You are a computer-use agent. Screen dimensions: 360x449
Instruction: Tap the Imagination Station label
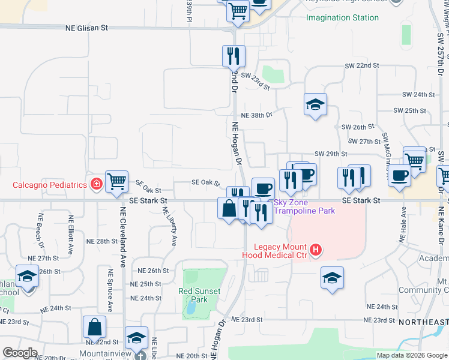(342, 17)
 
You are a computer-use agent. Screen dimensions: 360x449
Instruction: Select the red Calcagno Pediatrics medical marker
(95, 184)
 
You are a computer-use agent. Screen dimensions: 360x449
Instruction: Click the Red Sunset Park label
(199, 295)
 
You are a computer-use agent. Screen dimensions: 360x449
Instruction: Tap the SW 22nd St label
(363, 65)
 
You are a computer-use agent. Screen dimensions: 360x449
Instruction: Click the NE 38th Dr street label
(256, 115)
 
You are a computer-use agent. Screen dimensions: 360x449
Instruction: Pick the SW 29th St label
(331, 154)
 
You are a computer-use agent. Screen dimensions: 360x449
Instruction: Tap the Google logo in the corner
(20, 353)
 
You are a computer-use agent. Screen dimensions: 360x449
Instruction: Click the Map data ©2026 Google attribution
(412, 355)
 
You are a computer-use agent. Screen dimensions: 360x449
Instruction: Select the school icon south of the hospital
(332, 278)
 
